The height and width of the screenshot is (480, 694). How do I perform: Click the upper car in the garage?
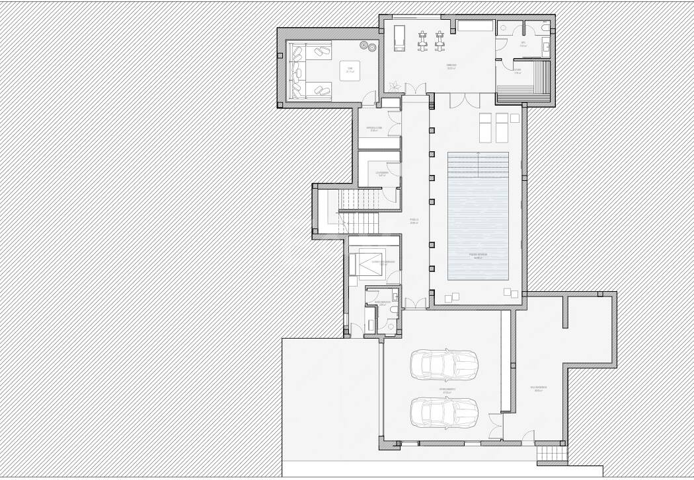tap(443, 364)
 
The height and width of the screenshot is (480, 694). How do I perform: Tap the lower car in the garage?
tap(443, 412)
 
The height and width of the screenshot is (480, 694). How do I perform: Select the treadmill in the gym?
tap(399, 38)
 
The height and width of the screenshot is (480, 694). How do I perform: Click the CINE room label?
tap(350, 69)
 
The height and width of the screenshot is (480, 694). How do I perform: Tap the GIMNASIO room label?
tap(451, 66)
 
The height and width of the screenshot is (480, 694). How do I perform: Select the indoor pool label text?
tap(476, 255)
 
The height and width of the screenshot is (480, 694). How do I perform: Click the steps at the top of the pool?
tap(479, 164)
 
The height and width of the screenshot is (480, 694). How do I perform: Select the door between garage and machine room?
tap(494, 426)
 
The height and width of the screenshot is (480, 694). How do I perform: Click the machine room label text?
tap(539, 388)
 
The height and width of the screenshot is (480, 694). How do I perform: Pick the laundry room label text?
tap(381, 174)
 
